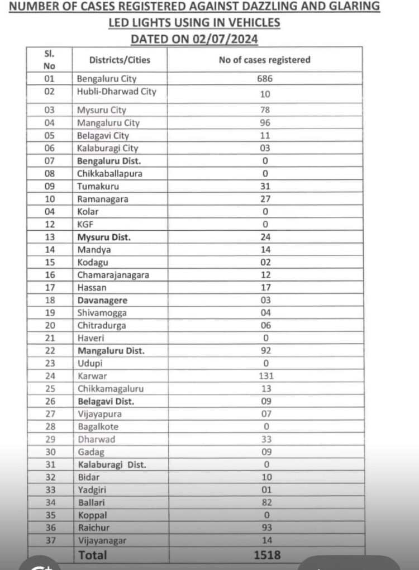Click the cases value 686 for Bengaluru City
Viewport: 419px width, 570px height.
click(265, 79)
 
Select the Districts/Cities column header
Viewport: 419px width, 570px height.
click(120, 60)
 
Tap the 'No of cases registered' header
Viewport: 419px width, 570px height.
click(264, 60)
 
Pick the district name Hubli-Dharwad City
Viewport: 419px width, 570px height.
click(116, 92)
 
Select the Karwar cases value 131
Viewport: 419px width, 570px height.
click(265, 376)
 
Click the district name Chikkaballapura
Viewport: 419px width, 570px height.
click(109, 173)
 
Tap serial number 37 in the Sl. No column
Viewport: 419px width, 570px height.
click(49, 540)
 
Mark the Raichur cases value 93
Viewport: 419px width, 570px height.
click(265, 528)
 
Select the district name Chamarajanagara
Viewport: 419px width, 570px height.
click(113, 274)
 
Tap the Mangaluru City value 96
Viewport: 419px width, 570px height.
click(265, 122)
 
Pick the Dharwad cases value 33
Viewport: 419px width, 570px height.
click(265, 439)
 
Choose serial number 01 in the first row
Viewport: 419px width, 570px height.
click(49, 79)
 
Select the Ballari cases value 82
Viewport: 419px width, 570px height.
click(265, 502)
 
